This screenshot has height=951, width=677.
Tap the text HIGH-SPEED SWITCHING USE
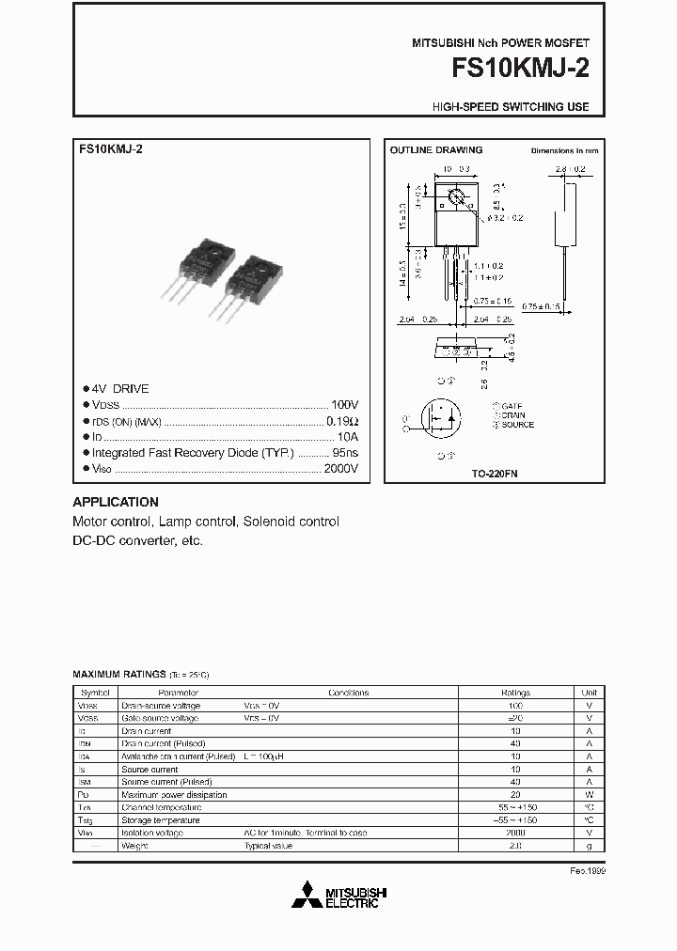511,107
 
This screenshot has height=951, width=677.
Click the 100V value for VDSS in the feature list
345,403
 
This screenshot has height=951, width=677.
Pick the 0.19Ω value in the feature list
343,420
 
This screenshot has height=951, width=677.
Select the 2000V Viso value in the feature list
340,468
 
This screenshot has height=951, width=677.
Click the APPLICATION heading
116,502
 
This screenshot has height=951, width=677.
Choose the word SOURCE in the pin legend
518,425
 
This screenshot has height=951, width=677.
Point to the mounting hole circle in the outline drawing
457,198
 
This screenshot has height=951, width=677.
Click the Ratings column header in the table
515,692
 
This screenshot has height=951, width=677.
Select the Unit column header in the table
589,692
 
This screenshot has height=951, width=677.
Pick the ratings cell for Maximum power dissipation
515,794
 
